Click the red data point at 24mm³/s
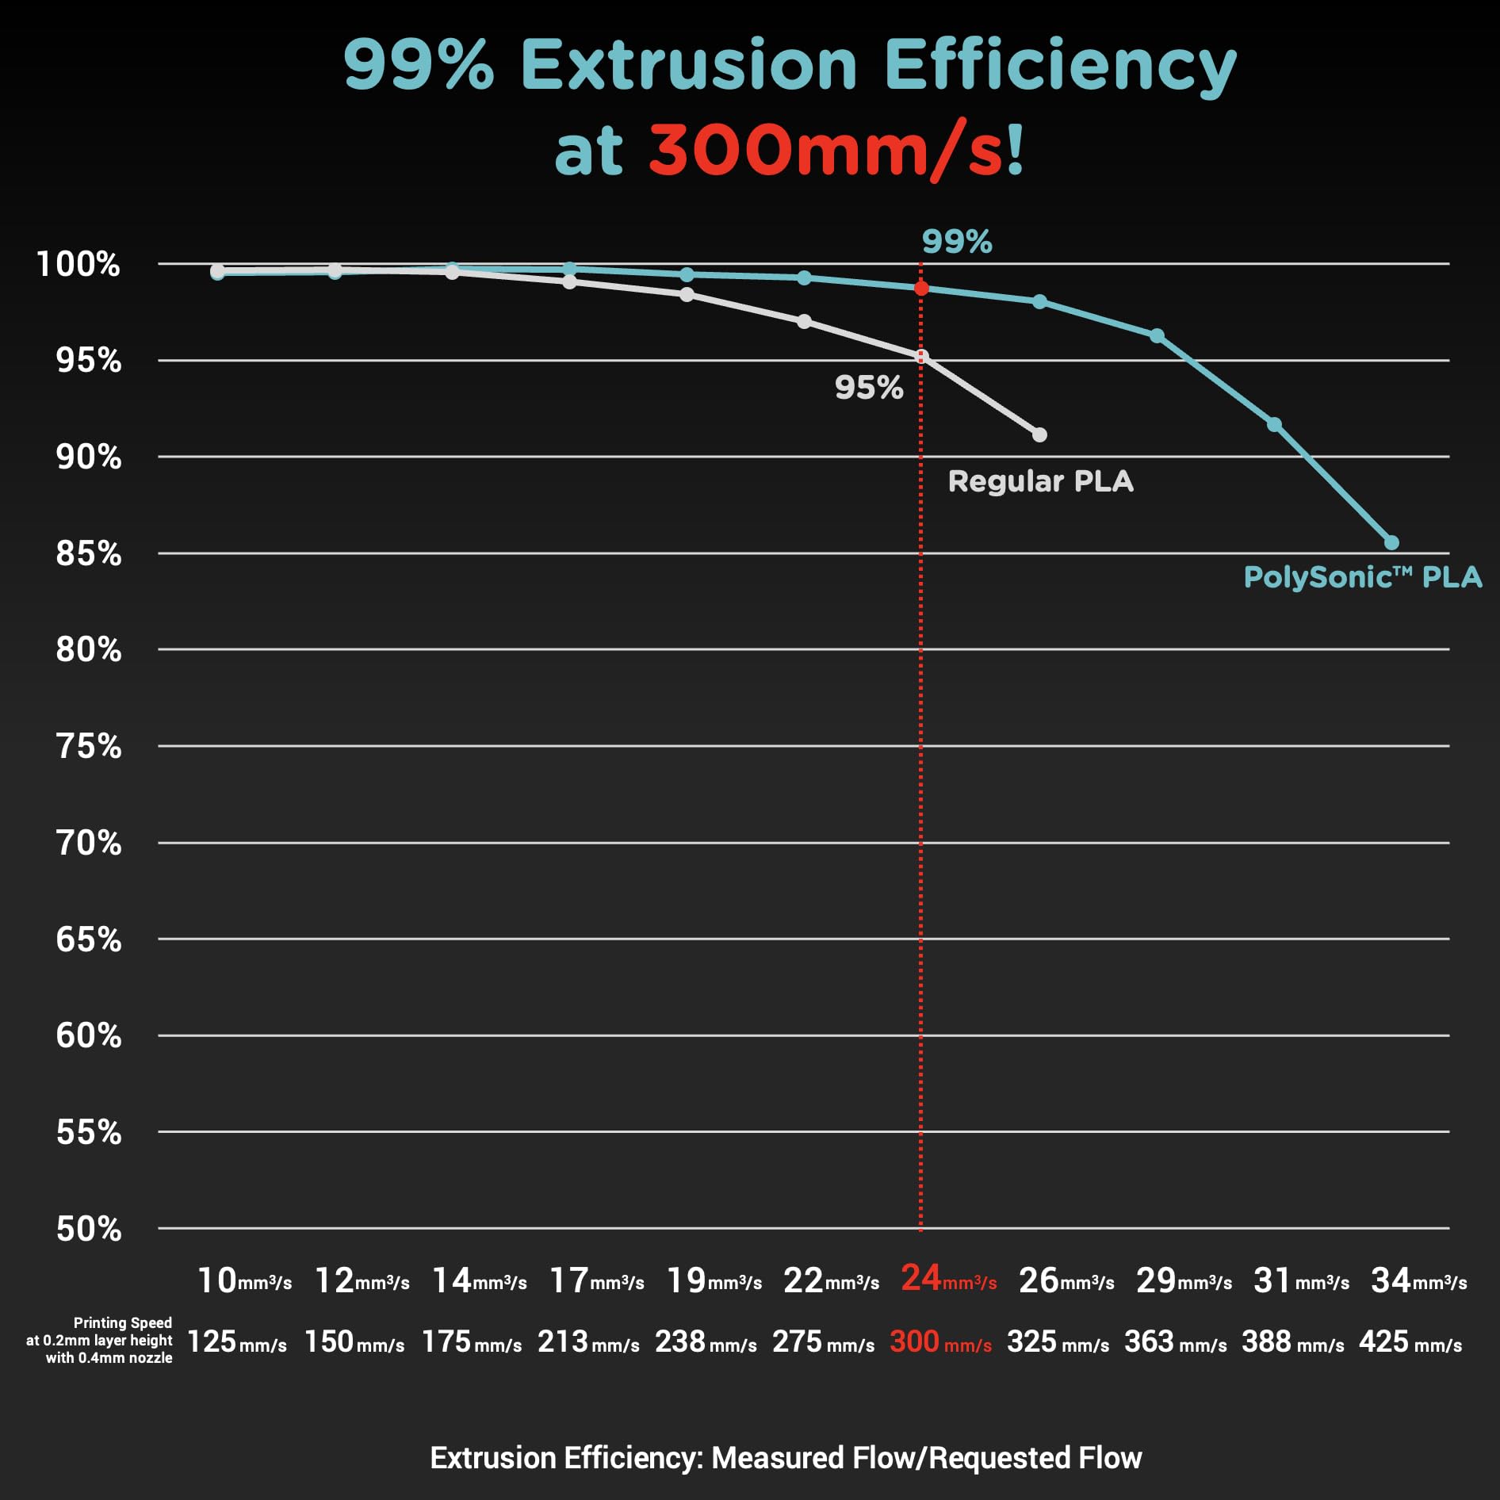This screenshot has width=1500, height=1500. pyautogui.click(x=920, y=289)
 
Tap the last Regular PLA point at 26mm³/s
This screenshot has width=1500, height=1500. pyautogui.click(x=1039, y=434)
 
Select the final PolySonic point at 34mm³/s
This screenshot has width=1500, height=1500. pyautogui.click(x=1391, y=542)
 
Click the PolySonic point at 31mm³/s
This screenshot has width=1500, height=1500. pyautogui.click(x=1274, y=424)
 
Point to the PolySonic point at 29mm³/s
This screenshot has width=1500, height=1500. pyautogui.click(x=1157, y=336)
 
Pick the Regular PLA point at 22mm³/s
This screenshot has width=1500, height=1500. pyautogui.click(x=804, y=321)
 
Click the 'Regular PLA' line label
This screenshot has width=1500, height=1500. pyautogui.click(x=1040, y=481)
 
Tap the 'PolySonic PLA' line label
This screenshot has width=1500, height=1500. pyautogui.click(x=1362, y=577)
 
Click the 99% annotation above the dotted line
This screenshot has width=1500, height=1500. pyautogui.click(x=956, y=242)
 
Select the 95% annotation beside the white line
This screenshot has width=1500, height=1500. pyautogui.click(x=869, y=388)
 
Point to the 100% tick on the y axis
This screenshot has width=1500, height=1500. pyautogui.click(x=78, y=264)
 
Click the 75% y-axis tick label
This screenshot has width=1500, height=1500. pyautogui.click(x=88, y=746)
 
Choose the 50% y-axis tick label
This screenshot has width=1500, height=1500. pyautogui.click(x=88, y=1229)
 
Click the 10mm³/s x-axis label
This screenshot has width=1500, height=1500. pyautogui.click(x=244, y=1280)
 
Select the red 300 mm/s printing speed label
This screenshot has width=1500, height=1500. pyautogui.click(x=940, y=1341)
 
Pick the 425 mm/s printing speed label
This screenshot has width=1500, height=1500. pyautogui.click(x=1410, y=1341)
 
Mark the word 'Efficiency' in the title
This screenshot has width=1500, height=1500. pyautogui.click(x=1059, y=65)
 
